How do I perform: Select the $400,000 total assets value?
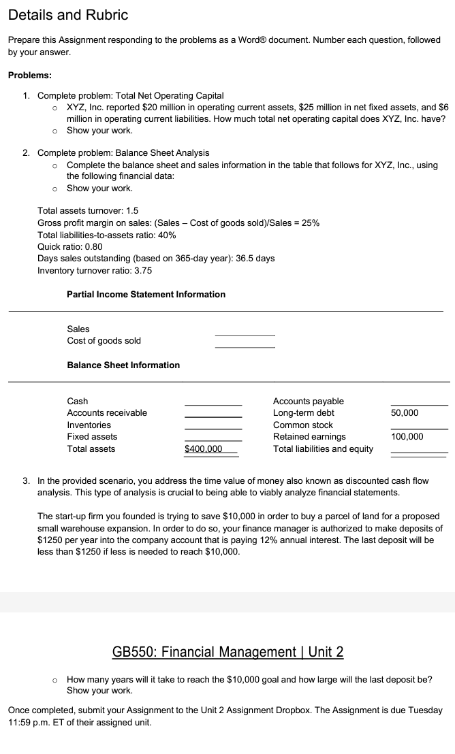[204, 449]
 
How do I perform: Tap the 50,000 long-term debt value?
[405, 413]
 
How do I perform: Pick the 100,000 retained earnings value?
[407, 437]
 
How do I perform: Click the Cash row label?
[78, 401]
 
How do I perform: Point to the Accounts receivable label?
[107, 413]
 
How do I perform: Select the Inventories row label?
[89, 425]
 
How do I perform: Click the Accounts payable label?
[308, 401]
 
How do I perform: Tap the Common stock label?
[302, 425]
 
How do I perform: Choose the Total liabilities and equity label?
[323, 449]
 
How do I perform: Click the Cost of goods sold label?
[104, 341]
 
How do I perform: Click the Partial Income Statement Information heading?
[146, 295]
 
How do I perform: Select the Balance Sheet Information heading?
[123, 365]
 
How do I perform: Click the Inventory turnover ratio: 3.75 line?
[95, 271]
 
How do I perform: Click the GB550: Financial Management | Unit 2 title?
[227, 652]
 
